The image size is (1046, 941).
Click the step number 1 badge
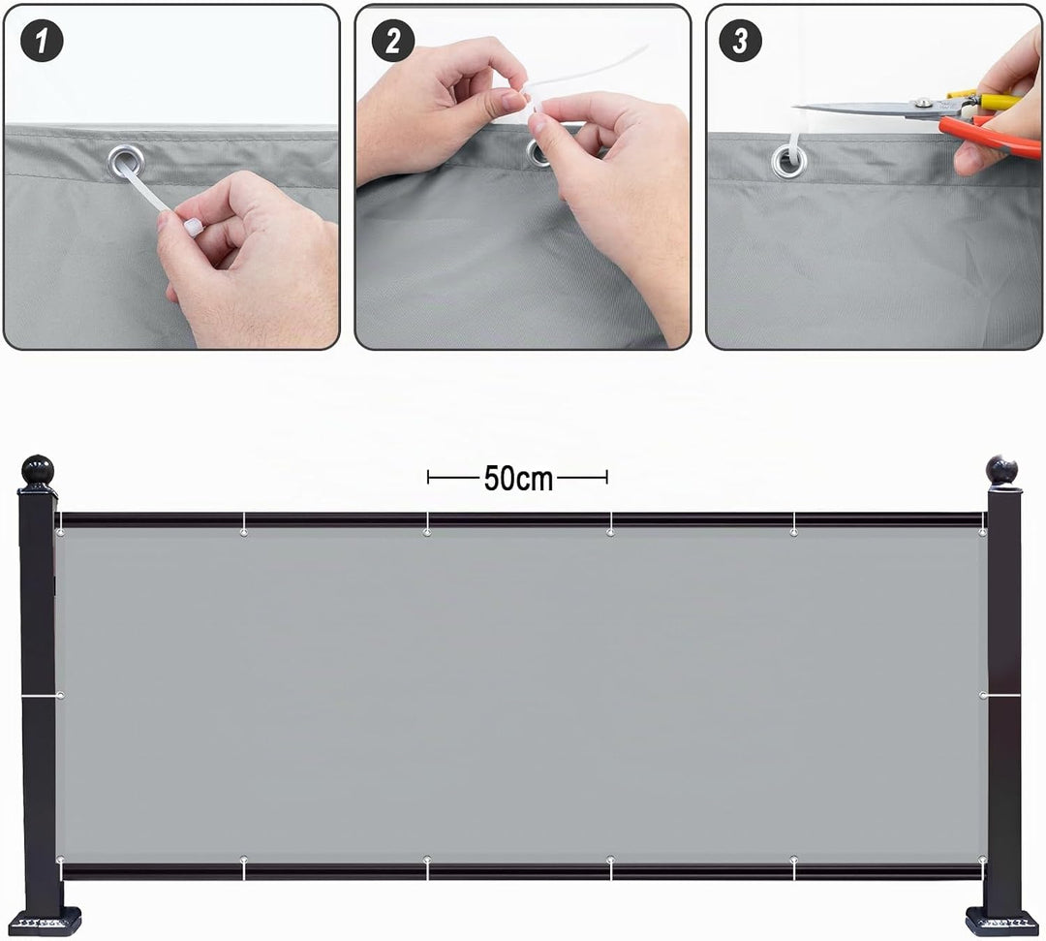point(42,41)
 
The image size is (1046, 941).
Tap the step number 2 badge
point(393,41)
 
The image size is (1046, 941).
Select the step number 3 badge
point(741,41)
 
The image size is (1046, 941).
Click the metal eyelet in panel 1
point(125,162)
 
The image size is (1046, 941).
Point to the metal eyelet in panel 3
point(788,162)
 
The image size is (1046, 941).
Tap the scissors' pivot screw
point(923,102)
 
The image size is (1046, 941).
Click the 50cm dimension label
point(518,479)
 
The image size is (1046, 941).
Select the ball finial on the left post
point(38,470)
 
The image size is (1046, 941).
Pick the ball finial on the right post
point(1002,470)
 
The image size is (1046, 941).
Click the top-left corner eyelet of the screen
point(61,533)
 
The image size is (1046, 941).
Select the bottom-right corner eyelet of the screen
point(982,859)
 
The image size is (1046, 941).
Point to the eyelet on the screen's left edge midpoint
point(61,696)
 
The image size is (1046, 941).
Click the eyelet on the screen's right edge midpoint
point(983,696)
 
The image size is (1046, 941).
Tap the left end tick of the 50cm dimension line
point(428,477)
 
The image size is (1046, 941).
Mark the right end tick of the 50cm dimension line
point(606,477)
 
